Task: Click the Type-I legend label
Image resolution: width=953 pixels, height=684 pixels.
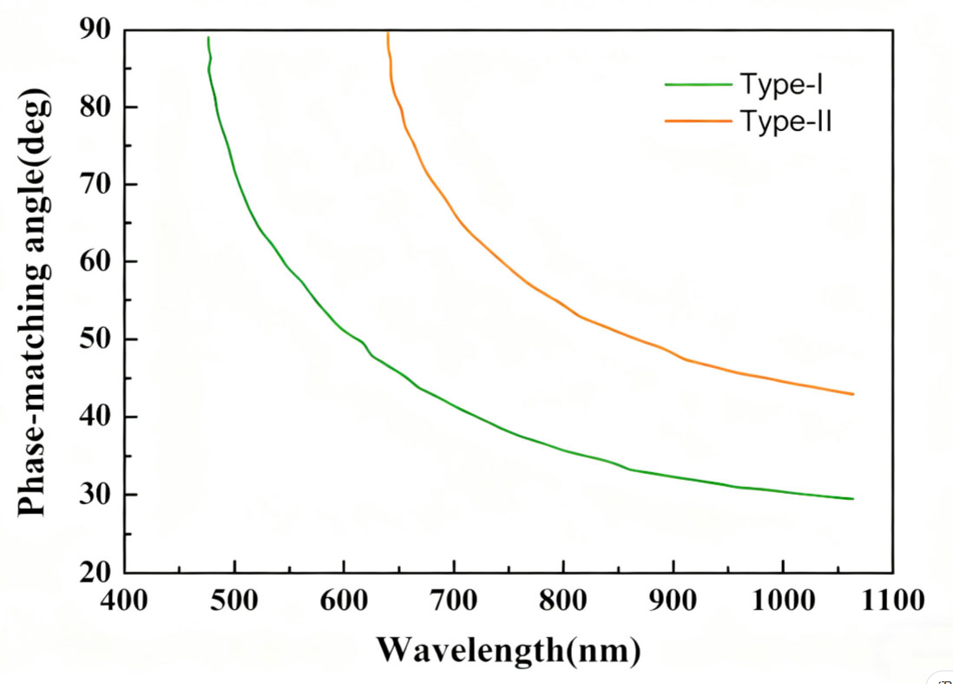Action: tap(781, 85)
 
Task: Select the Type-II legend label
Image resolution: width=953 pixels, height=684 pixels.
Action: tap(786, 122)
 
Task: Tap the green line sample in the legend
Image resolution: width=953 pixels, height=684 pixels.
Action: tap(699, 84)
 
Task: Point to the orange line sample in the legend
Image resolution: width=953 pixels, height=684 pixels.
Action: tap(699, 122)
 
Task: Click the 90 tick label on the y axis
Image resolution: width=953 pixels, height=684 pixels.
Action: tap(96, 30)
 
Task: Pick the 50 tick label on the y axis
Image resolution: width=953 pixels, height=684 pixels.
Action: tap(96, 339)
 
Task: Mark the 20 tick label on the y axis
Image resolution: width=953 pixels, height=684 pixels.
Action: tap(96, 573)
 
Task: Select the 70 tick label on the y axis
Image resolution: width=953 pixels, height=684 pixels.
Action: tap(96, 185)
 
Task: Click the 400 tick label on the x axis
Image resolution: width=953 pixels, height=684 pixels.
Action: tap(125, 602)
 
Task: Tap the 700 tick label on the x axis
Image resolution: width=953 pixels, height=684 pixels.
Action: tap(454, 602)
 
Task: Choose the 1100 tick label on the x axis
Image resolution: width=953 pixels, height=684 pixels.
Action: tap(892, 602)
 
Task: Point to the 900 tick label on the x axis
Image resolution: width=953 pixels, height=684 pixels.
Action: tap(674, 602)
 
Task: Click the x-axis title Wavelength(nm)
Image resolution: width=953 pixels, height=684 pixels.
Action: tap(509, 648)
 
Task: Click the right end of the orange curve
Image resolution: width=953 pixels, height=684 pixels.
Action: tap(853, 394)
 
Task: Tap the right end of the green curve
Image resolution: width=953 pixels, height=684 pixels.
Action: tap(853, 499)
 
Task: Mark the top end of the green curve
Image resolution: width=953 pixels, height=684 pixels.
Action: tap(208, 38)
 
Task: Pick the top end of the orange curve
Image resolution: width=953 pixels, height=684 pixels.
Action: tap(387, 33)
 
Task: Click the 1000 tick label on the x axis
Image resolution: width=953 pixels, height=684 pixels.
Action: tap(783, 602)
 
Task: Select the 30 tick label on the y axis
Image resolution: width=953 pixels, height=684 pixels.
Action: tap(96, 495)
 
